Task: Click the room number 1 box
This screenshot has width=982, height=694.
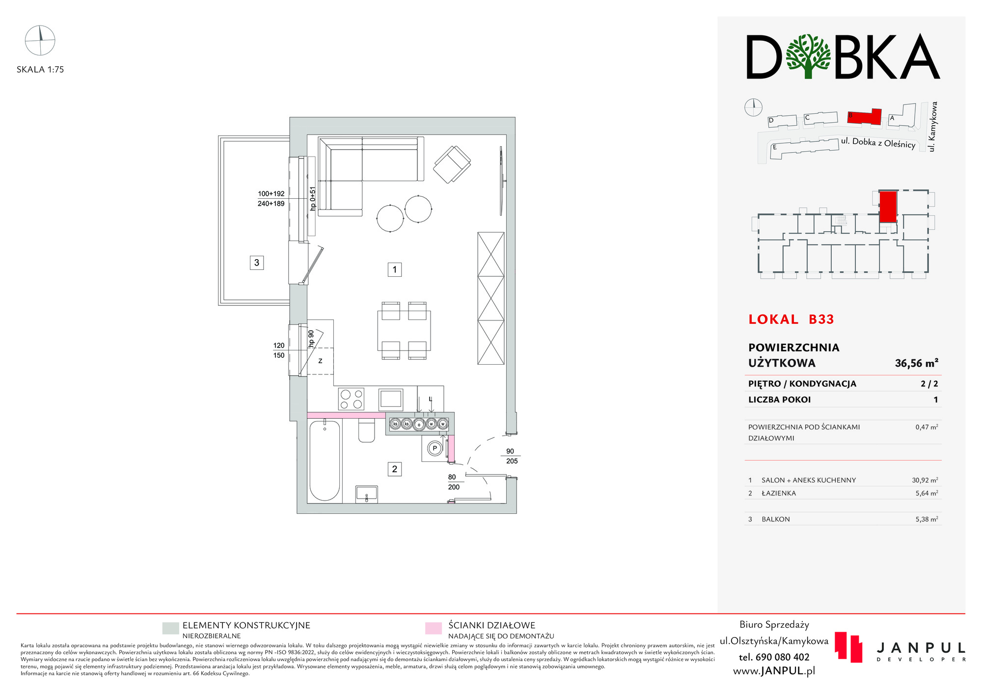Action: pyautogui.click(x=394, y=269)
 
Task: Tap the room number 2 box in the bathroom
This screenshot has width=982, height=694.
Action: pyautogui.click(x=394, y=469)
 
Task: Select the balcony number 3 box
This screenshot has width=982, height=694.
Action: pyautogui.click(x=256, y=263)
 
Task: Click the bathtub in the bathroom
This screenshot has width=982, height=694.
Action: pyautogui.click(x=325, y=460)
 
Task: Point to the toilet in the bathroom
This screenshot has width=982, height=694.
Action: pyautogui.click(x=367, y=430)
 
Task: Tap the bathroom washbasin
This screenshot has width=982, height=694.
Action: pyautogui.click(x=367, y=494)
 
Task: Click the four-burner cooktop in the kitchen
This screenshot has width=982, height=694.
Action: pyautogui.click(x=351, y=399)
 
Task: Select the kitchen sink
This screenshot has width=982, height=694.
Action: pyautogui.click(x=391, y=399)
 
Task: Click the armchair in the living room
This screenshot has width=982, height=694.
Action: pyautogui.click(x=452, y=164)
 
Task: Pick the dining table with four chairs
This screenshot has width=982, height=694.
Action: pyautogui.click(x=404, y=331)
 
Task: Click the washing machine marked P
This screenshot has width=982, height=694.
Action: pyautogui.click(x=435, y=448)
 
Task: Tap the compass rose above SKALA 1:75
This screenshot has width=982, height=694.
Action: pyautogui.click(x=40, y=40)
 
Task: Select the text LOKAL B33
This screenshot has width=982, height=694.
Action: pyautogui.click(x=791, y=320)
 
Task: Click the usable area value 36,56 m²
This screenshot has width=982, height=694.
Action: pyautogui.click(x=916, y=363)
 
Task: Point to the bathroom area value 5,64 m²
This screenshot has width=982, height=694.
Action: pyautogui.click(x=927, y=493)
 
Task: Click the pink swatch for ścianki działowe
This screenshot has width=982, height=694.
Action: pyautogui.click(x=433, y=628)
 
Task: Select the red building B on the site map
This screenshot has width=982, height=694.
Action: pyautogui.click(x=864, y=117)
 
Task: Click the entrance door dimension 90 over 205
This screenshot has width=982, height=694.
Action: pyautogui.click(x=511, y=456)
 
